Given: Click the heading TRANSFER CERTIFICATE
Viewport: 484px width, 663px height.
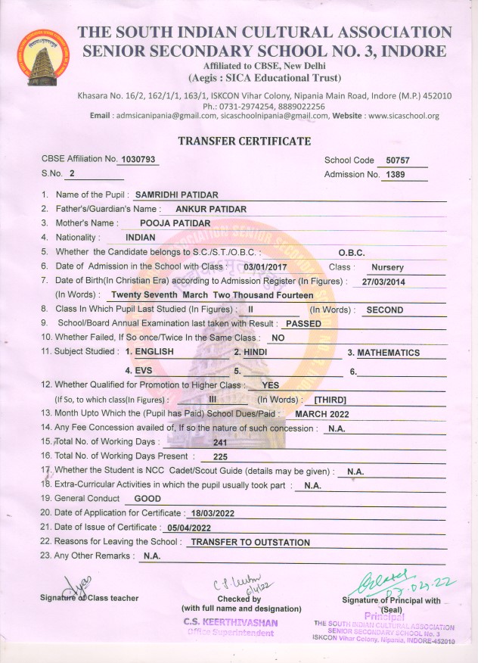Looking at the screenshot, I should pos(244,142).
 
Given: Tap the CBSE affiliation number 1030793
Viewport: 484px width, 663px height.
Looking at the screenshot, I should pos(140,160).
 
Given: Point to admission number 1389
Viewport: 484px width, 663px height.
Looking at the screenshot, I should pos(396,175).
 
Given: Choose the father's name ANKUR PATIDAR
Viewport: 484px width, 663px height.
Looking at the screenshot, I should pos(211,209).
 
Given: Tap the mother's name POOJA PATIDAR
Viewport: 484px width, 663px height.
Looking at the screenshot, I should pos(176,223).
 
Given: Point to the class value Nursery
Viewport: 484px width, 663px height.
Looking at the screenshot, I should pos(387,267).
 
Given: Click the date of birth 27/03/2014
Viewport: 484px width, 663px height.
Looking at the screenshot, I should pos(385,282).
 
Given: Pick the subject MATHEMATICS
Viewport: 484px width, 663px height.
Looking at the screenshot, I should pos(388,353).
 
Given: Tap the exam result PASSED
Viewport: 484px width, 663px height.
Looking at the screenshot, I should pos(304,323).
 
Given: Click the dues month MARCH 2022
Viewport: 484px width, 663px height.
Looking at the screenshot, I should pos(323,414).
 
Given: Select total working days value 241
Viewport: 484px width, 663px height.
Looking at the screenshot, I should pos(221,443).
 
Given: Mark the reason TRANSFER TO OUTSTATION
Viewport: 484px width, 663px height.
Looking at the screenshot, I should pos(250,543).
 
